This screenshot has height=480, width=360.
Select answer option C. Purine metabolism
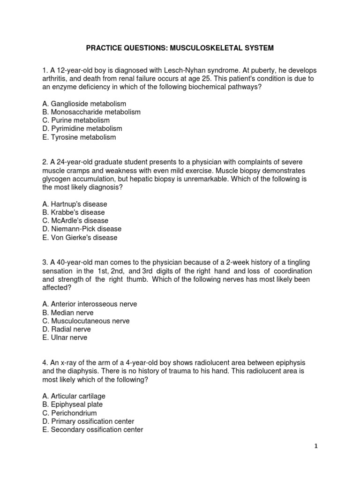tap(75, 120)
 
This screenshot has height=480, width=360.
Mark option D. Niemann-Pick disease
tap(82, 229)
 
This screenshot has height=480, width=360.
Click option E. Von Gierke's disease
tap(80, 237)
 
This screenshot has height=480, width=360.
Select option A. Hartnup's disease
tap(75, 204)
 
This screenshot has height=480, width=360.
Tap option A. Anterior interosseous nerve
tap(89, 304)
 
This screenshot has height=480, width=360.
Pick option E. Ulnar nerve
tap(64, 337)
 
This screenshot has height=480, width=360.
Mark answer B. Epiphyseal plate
tap(72, 405)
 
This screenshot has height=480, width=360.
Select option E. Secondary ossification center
tap(92, 429)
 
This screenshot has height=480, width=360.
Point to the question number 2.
tap(44, 162)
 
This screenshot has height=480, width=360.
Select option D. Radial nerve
tap(67, 330)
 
